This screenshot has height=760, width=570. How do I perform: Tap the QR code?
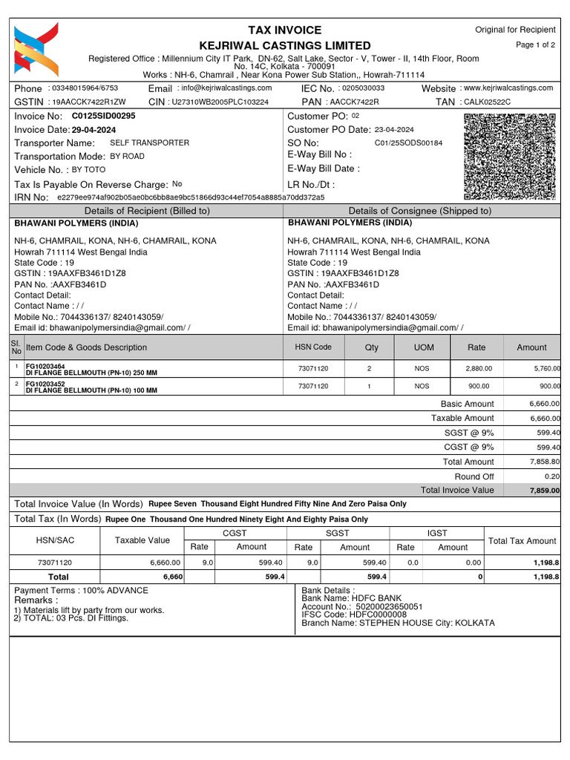[x=509, y=157]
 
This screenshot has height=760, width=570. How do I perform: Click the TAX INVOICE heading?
[x=285, y=30]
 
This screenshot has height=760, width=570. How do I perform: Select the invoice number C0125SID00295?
[x=103, y=117]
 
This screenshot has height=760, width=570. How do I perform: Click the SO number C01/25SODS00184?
[x=408, y=143]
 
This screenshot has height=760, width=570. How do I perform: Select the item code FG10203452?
[x=45, y=384]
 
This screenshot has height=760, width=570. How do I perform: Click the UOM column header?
[x=422, y=347]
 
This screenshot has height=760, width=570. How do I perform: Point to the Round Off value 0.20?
[x=548, y=476]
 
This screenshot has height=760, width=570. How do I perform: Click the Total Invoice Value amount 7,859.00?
[x=544, y=491]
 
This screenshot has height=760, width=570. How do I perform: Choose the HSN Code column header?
[x=313, y=347]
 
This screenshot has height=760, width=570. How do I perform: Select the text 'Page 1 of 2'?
[x=535, y=45]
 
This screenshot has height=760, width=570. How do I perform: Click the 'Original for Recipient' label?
[x=514, y=30]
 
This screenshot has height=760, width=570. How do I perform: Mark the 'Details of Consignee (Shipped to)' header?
[x=419, y=211]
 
